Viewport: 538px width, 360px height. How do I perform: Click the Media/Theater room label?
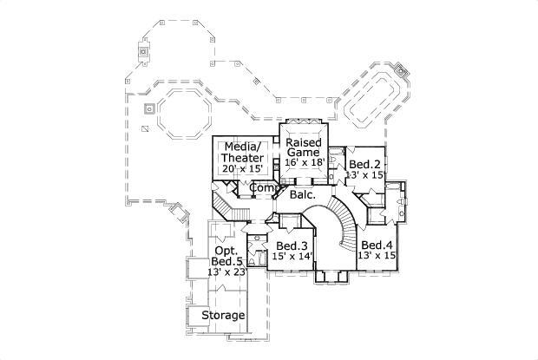pyautogui.click(x=242, y=153)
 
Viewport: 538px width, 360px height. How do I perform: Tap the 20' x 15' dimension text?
pyautogui.click(x=243, y=168)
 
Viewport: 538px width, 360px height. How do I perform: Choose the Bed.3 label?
pyautogui.click(x=292, y=245)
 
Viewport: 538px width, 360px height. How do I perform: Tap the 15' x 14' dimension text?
pyautogui.click(x=292, y=257)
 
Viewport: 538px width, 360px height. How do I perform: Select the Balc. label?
pyautogui.click(x=303, y=196)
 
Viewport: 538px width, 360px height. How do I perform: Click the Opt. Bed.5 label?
pyautogui.click(x=227, y=257)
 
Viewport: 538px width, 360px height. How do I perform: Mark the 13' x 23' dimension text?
pyautogui.click(x=227, y=272)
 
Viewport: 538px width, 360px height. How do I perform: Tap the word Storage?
pyautogui.click(x=223, y=315)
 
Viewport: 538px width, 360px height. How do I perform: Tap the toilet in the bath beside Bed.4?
pyautogui.click(x=401, y=202)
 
